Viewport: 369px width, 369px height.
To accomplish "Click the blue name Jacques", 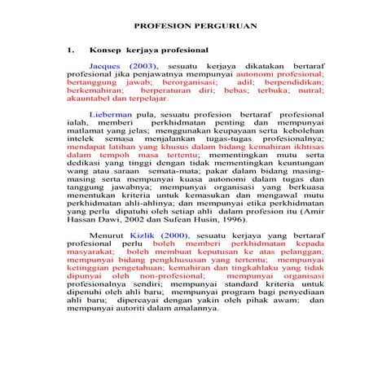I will pos(104,64).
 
